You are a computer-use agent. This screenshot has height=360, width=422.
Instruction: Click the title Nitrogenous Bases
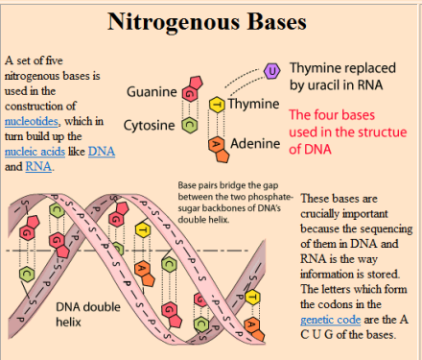(x=210, y=20)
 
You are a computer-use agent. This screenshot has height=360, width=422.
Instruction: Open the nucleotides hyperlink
(x=31, y=121)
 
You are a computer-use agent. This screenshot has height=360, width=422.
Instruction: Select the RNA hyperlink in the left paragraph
(x=37, y=166)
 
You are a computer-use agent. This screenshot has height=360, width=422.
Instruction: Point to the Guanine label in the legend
(x=152, y=92)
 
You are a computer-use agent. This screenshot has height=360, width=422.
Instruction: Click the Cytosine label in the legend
(x=149, y=125)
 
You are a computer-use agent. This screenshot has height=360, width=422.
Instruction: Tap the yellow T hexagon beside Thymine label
(x=218, y=105)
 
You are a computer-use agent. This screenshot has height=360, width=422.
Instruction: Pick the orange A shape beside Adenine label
(x=218, y=145)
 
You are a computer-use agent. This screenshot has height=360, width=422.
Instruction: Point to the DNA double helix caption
(x=90, y=313)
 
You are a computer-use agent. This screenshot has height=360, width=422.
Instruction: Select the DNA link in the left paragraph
(x=101, y=152)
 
